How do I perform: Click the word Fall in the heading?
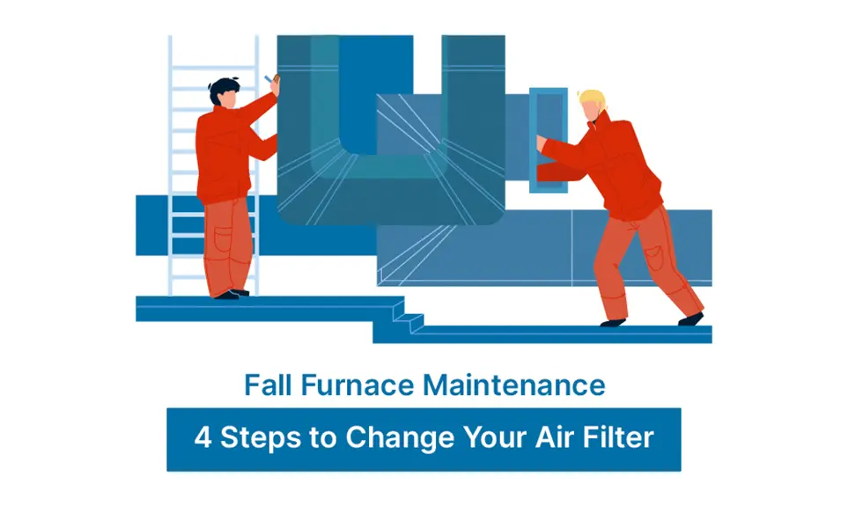point(265,385)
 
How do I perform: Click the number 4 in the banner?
point(203,437)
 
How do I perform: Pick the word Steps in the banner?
point(258,437)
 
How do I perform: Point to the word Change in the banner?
point(391,437)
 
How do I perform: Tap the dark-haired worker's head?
point(223,92)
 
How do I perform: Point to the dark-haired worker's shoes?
point(231,294)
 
